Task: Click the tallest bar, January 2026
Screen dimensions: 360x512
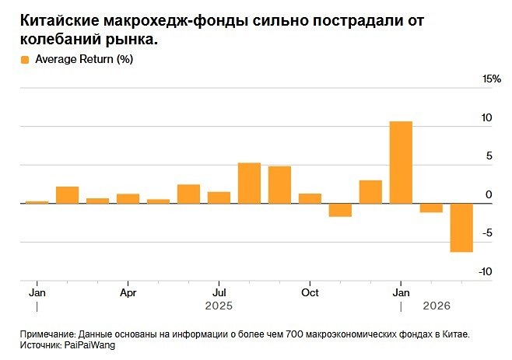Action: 401,163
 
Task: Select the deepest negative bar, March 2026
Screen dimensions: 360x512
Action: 461,227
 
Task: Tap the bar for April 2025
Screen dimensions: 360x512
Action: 128,198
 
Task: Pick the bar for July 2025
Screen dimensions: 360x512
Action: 219,197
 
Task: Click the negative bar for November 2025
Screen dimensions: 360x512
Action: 340,210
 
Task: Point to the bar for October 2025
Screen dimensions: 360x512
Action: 310,198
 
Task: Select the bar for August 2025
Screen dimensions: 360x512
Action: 249,183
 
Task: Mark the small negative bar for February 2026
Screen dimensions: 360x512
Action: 431,208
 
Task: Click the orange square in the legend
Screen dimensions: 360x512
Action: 26,60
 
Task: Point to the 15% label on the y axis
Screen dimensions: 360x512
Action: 492,80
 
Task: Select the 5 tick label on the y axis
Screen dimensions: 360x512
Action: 489,156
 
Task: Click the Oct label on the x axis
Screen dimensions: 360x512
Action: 310,292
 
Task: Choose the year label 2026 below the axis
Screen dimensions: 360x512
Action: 435,306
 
